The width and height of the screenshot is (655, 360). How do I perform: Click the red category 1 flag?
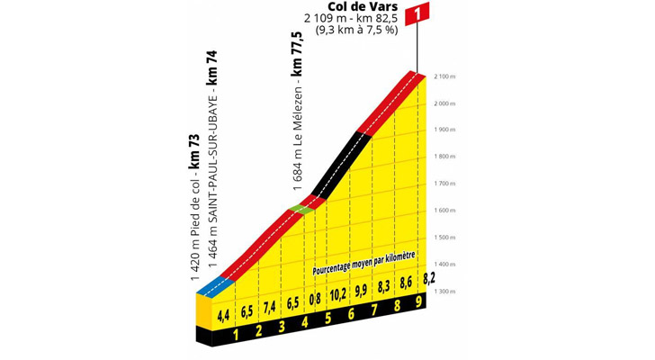418,13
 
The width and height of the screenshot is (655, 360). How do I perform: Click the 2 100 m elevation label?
444,76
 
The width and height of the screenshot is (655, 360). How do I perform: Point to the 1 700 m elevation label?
444,184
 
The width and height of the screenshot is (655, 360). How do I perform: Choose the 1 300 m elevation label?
444,292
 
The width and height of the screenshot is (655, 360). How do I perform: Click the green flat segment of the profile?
303,209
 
